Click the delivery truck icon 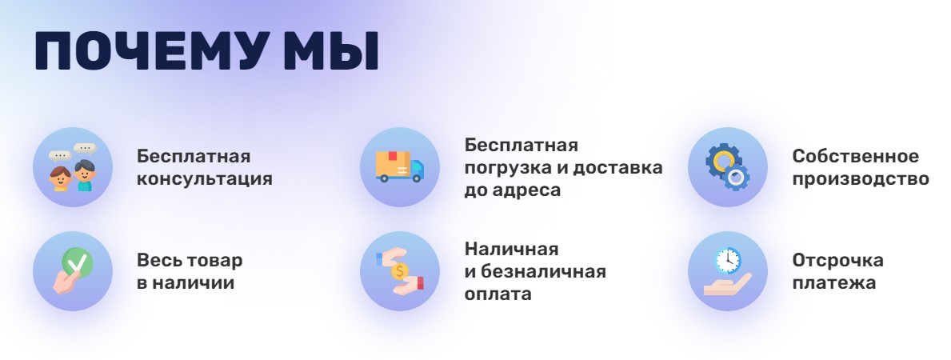click(400, 167)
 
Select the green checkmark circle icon click(78, 262)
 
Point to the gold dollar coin click(399, 271)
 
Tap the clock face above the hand click(728, 261)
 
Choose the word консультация click(205, 180)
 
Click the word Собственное click(855, 156)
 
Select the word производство click(861, 180)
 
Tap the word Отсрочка click(837, 261)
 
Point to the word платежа click(834, 283)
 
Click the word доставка click(617, 168)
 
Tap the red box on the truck click(392, 155)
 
